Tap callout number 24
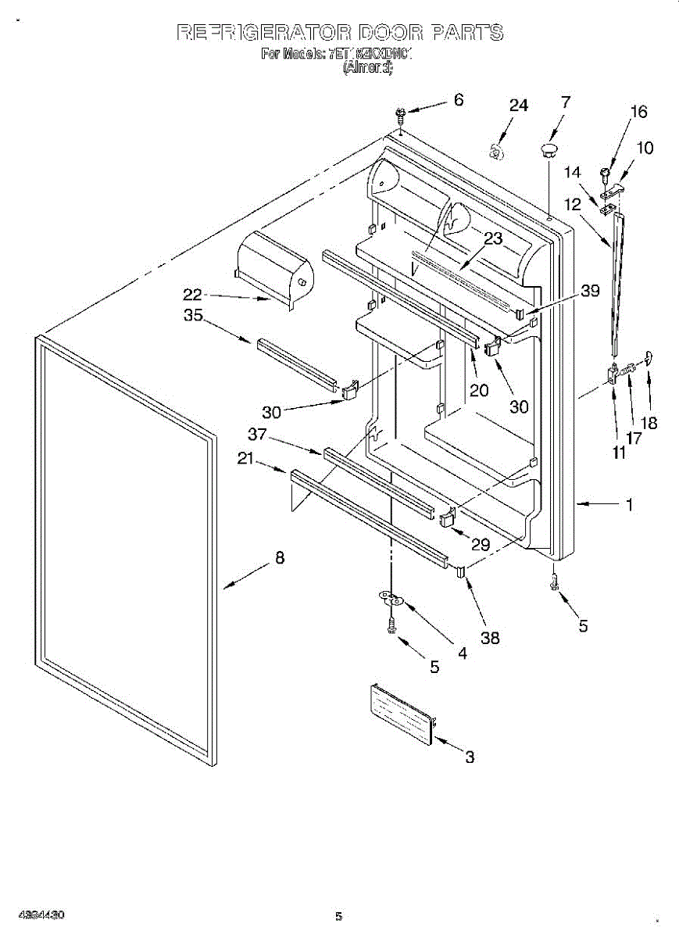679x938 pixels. click(519, 106)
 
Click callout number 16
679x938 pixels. click(638, 112)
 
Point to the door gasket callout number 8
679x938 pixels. click(279, 558)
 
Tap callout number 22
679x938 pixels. click(192, 295)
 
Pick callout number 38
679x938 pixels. click(490, 638)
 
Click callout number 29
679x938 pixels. click(481, 546)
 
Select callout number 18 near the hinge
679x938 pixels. click(649, 423)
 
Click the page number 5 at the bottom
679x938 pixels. click(338, 916)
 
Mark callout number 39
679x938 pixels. click(590, 292)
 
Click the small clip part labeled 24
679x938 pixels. click(495, 151)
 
